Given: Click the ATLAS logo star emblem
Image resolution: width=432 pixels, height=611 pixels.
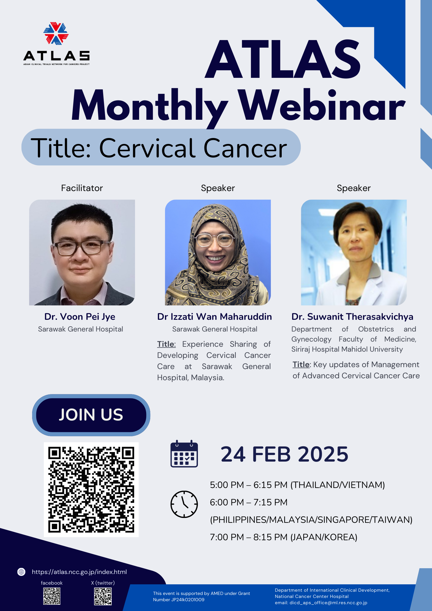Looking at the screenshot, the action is coord(56,33).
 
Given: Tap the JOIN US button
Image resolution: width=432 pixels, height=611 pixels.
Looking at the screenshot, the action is coord(91,415).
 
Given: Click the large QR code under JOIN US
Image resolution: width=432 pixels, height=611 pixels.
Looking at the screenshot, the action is coord(91,489).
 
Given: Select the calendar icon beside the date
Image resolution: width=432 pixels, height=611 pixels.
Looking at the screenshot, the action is coord(184,454).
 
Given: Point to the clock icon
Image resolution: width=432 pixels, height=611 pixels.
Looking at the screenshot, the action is coord(184,504).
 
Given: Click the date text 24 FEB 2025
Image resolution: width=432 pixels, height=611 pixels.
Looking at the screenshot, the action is coord(284,454).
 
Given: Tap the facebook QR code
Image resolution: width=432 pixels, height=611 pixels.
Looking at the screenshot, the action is coord(52,596).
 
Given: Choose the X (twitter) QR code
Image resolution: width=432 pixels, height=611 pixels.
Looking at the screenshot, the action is coord(103,596).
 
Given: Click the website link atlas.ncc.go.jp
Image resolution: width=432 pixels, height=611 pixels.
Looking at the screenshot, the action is coord(79,572).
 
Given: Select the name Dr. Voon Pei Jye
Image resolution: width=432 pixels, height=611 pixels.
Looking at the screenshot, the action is coord(80,317).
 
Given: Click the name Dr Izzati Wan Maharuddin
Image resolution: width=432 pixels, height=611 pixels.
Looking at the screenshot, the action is coord(215,317).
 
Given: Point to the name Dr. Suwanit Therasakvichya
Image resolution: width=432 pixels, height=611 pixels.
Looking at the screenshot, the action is coord(352,317).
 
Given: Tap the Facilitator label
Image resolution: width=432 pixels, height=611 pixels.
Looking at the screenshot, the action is coord(82,188).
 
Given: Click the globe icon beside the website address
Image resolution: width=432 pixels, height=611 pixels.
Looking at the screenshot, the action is coord(21,572).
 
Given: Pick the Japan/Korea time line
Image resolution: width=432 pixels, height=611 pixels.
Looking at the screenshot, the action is coord(283,537).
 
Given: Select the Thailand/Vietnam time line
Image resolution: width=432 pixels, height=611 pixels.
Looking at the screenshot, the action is coord(297,485).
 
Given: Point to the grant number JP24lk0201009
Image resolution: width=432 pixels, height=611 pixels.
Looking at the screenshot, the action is coord(179,600).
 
